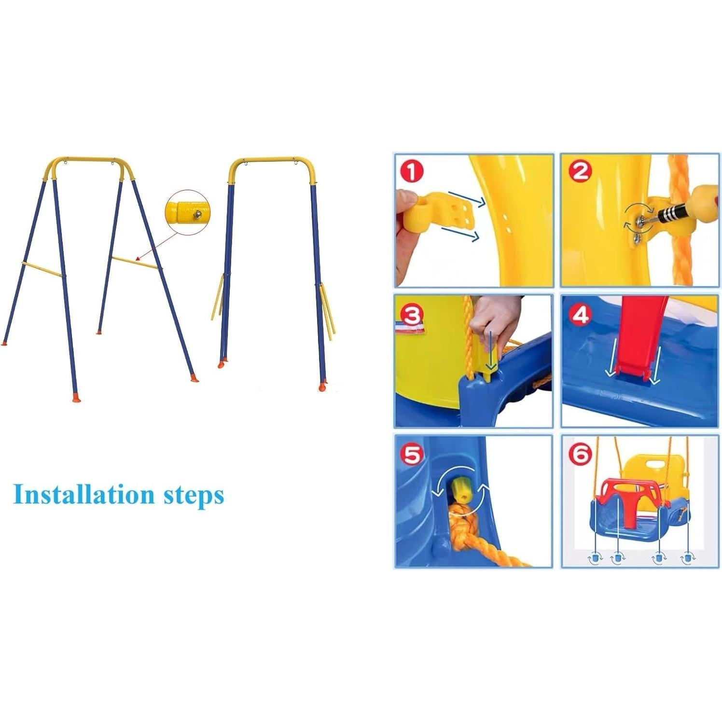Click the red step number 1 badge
point(412,172)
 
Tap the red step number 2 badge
point(580,171)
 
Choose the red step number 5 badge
point(412,455)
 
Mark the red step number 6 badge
point(580,455)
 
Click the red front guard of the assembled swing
point(627,497)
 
